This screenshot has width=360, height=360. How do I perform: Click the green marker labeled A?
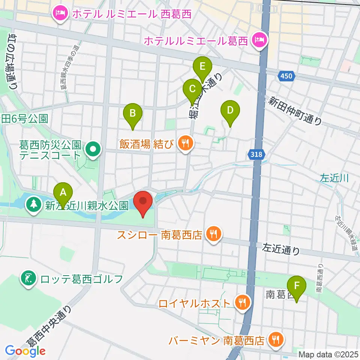coord(63,193)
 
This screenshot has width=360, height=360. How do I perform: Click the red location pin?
coord(143,202)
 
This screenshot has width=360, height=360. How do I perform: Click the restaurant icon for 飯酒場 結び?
coord(185,142)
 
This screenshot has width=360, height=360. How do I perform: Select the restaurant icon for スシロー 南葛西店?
coord(214,235)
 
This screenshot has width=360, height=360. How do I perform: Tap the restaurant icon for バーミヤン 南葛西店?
coord(276,340)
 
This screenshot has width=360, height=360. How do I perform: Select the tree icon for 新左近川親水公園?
coord(34,205)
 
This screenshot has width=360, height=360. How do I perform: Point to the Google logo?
coord(25,351)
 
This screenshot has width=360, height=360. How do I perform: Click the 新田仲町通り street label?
coord(295,110)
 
